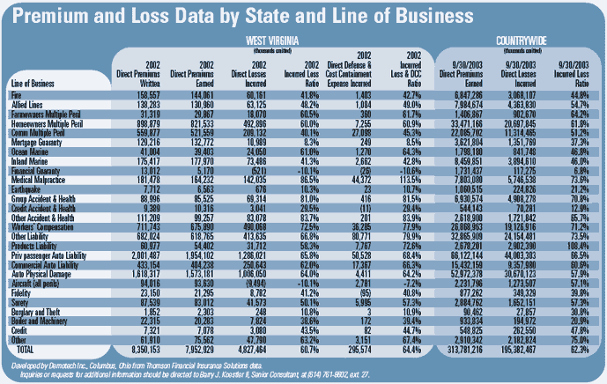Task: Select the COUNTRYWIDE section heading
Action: pos(521,40)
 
